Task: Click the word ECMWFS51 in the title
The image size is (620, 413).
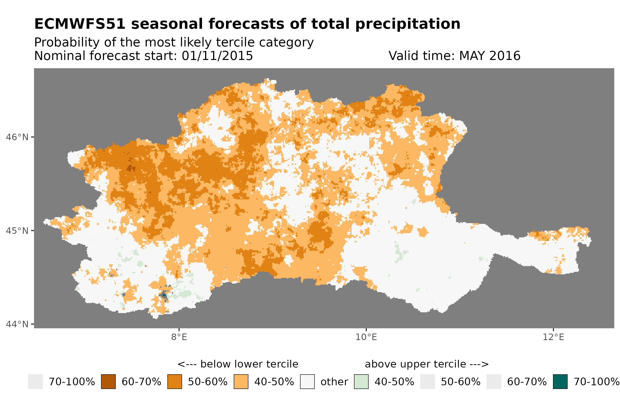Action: (79, 24)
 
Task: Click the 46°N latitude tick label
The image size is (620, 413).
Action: (17, 137)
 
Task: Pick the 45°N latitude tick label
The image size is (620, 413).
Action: (17, 231)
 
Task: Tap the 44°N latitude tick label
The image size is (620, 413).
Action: (17, 324)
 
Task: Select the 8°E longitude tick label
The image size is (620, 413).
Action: (179, 337)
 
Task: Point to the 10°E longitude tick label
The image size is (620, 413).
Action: (366, 337)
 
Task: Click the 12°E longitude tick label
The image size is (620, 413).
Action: (553, 337)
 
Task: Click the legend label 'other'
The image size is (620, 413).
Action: (334, 382)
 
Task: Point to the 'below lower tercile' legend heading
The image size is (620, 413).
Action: (238, 364)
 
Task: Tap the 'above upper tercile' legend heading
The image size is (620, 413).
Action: (426, 364)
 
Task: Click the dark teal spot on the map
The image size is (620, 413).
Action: (164, 295)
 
